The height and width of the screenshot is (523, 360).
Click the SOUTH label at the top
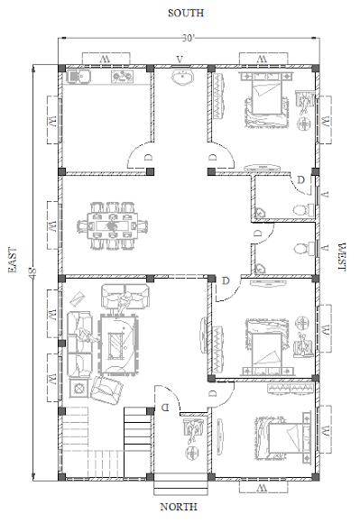click(x=186, y=13)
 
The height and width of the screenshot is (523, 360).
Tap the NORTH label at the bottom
click(x=179, y=507)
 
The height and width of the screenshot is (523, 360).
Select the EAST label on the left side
click(x=13, y=260)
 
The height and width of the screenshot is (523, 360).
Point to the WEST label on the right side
click(x=342, y=257)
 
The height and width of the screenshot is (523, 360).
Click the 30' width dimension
click(x=188, y=38)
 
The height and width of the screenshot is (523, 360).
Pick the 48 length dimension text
click(x=32, y=273)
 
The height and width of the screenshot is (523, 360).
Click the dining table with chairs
click(x=113, y=225)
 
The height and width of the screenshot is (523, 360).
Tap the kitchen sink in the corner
click(x=78, y=77)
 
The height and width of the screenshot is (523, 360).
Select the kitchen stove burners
click(x=122, y=77)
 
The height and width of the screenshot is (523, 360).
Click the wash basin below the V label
click(x=182, y=78)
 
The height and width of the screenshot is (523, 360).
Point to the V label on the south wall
click(x=180, y=60)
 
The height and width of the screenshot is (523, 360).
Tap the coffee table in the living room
click(x=118, y=344)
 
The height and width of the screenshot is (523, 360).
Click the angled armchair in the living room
click(x=106, y=390)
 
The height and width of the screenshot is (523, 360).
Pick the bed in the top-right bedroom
click(x=266, y=100)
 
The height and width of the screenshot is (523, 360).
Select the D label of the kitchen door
click(x=149, y=157)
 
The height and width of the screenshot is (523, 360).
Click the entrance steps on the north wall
click(x=180, y=484)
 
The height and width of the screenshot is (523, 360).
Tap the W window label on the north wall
click(x=263, y=488)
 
